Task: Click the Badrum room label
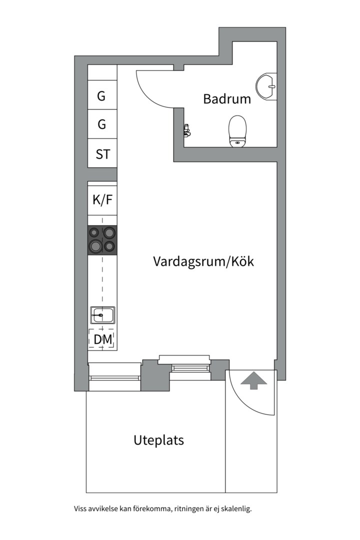(226, 99)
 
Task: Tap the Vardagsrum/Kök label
(203, 261)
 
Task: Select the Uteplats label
(158, 440)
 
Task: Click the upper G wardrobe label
(101, 96)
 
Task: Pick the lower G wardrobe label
(101, 124)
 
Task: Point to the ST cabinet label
(102, 154)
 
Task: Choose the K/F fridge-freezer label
(102, 200)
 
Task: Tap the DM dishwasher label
(102, 340)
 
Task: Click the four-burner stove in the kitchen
(102, 240)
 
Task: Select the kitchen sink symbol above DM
(102, 315)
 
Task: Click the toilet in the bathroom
(237, 131)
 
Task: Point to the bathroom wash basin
(266, 86)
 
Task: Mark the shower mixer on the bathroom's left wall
(187, 130)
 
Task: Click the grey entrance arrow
(254, 380)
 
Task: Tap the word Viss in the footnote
(80, 509)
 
